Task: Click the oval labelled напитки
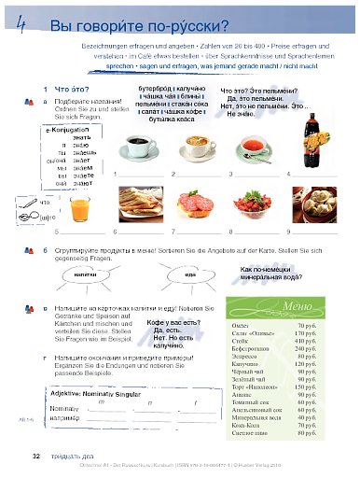[x=85, y=276]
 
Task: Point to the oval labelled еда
[x=190, y=276]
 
